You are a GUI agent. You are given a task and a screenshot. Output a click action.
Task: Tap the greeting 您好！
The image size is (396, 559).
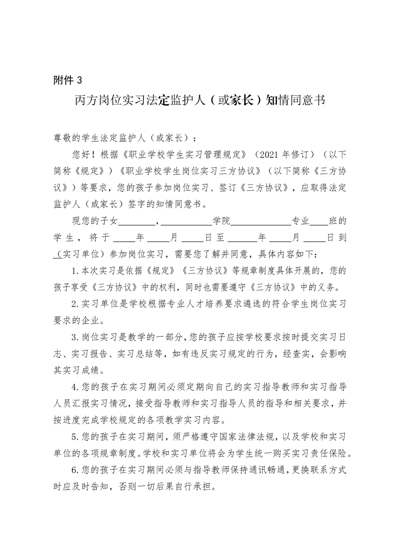pos(85,152)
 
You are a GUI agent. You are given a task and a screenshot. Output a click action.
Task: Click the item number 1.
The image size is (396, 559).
pos(74,271)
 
